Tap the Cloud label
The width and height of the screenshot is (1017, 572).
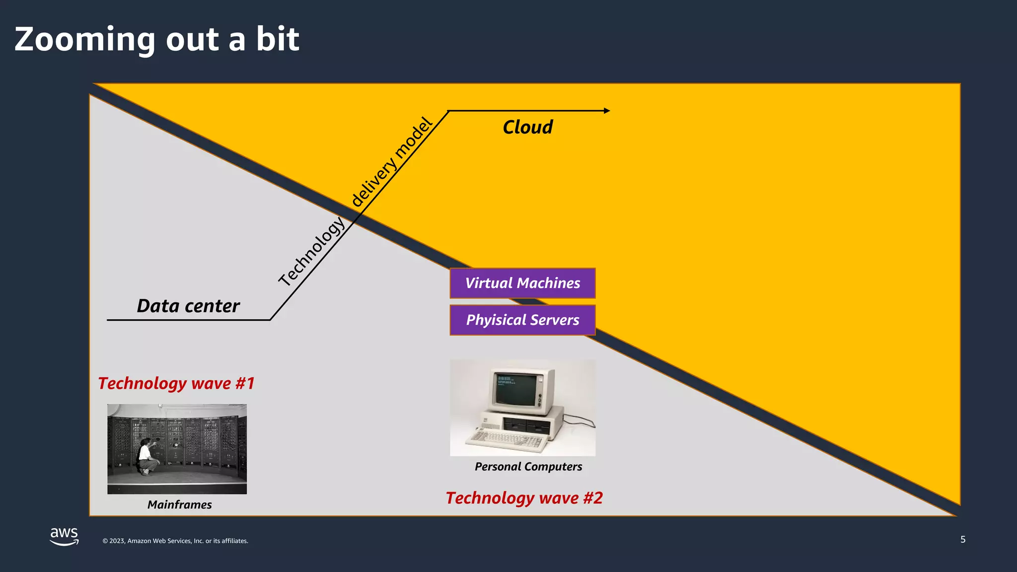(x=527, y=127)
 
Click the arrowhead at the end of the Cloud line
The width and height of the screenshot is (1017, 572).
(x=607, y=111)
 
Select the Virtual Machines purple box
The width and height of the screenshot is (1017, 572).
(x=522, y=283)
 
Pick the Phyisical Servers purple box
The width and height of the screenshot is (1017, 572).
(x=522, y=320)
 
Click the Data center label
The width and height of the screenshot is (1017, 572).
(x=188, y=306)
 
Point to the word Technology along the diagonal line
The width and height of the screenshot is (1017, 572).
(x=311, y=252)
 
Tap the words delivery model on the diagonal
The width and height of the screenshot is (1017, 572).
(x=392, y=162)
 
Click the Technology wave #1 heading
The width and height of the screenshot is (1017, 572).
(x=176, y=383)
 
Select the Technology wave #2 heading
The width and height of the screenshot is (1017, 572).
(x=524, y=498)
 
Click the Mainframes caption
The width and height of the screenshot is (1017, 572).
(x=179, y=504)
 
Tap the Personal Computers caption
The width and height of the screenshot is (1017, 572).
(x=528, y=467)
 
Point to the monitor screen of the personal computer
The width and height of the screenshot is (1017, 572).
(x=515, y=388)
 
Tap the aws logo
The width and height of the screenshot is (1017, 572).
(x=64, y=536)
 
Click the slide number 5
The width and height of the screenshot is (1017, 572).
(x=962, y=540)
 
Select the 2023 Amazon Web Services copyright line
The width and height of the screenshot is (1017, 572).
(x=175, y=541)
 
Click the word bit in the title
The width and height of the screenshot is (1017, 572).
(x=278, y=40)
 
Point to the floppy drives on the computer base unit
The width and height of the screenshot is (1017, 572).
(x=526, y=425)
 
